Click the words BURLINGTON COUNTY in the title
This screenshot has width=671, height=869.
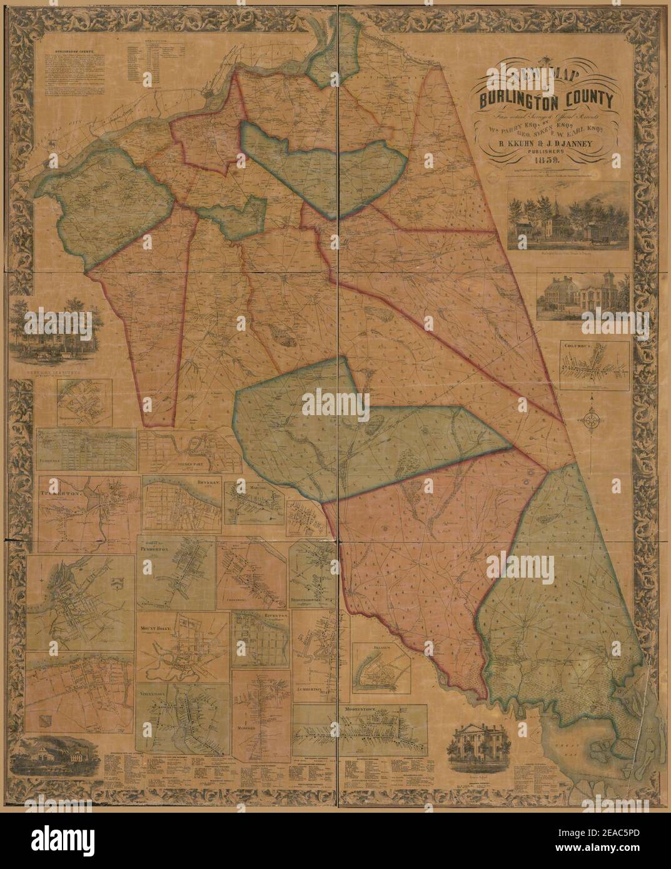coord(546,99)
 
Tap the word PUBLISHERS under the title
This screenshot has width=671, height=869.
coord(545,151)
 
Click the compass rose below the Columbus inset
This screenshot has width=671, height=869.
coord(592,420)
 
